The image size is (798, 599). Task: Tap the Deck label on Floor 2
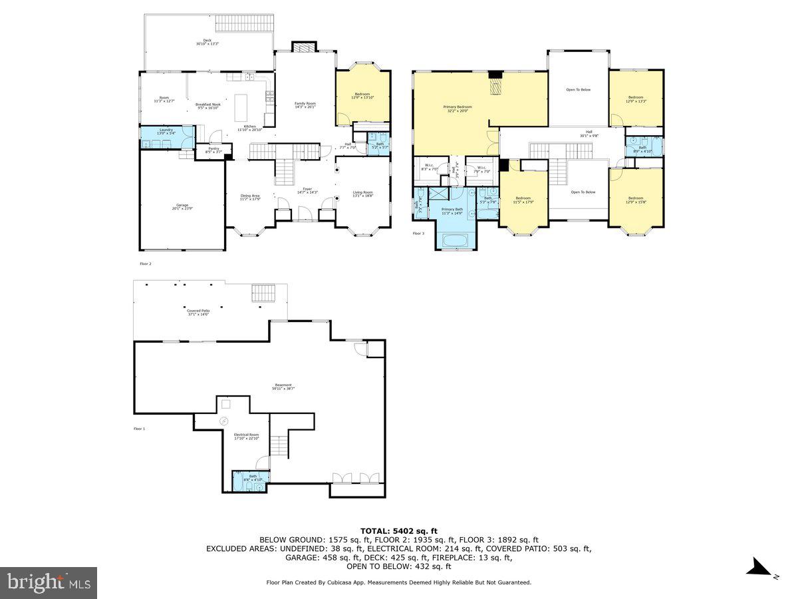click(207, 42)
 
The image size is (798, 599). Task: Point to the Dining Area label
click(250, 198)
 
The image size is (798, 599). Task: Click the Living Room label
click(362, 194)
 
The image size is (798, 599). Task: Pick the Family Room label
click(305, 105)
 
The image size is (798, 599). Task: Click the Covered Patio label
click(198, 311)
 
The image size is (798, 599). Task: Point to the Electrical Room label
click(246, 436)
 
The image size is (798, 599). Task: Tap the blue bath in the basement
click(249, 480)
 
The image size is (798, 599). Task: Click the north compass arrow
click(758, 568)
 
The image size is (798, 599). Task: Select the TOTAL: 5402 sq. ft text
click(398, 530)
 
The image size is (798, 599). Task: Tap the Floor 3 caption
click(418, 234)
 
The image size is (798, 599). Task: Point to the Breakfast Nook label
click(207, 105)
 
